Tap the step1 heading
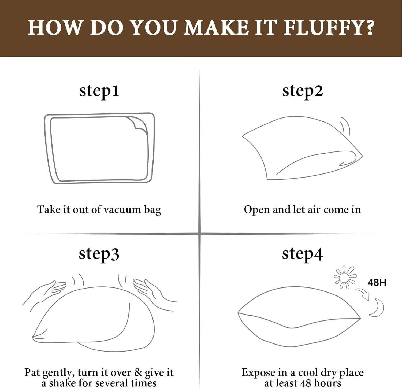[99, 91]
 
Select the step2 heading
[303, 91]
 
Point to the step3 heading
[99, 254]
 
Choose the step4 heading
[302, 254]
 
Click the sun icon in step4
[345, 277]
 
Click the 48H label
[377, 282]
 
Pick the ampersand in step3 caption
[138, 372]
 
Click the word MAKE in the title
[216, 28]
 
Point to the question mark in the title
[370, 27]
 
